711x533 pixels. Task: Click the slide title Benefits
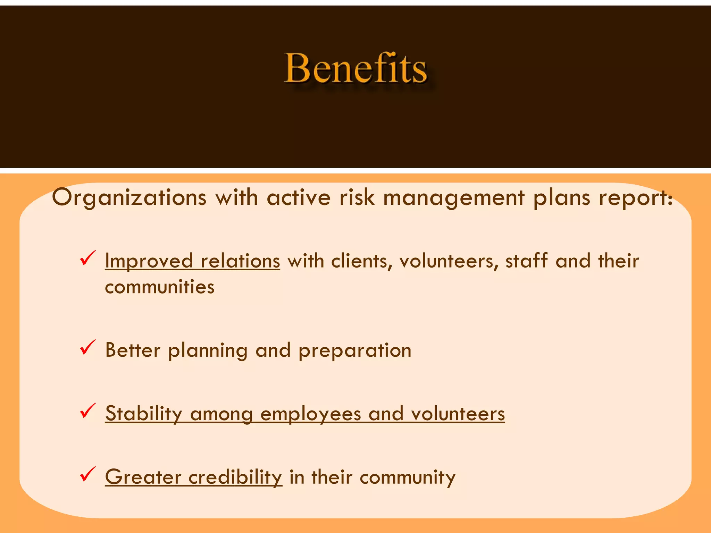(x=355, y=68)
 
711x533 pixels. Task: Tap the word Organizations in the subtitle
(x=129, y=198)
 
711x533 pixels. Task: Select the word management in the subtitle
(x=454, y=198)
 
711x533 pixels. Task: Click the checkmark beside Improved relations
(x=87, y=259)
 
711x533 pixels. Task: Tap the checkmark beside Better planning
(x=87, y=348)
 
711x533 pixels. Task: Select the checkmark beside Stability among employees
(x=87, y=411)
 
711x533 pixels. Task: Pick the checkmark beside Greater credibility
(x=87, y=475)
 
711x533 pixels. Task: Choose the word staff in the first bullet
(x=527, y=261)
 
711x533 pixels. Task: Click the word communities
(x=160, y=287)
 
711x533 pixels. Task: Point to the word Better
(x=133, y=350)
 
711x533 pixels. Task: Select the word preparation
(x=355, y=350)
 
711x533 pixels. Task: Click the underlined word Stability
(x=144, y=414)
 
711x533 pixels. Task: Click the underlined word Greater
(x=143, y=477)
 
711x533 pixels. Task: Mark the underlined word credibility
(x=235, y=477)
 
